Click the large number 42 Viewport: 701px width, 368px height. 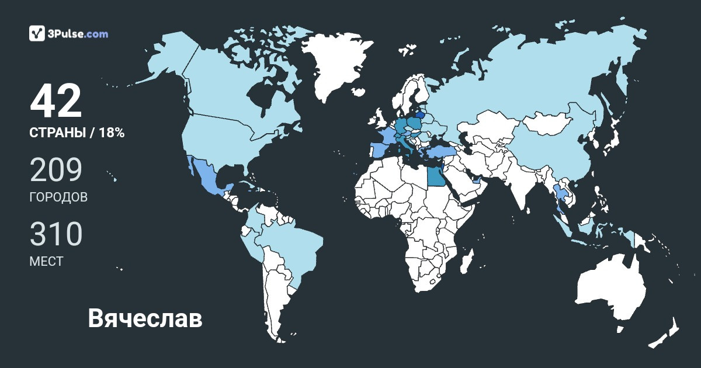56,102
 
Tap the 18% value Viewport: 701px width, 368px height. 112,133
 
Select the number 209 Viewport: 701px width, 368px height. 56,171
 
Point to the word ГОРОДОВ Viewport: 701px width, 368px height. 58,197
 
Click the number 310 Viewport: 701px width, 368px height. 56,234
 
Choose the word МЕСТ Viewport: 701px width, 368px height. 46,261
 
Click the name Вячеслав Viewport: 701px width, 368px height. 145,319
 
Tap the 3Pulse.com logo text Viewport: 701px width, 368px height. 78,34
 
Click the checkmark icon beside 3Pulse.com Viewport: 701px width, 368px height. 37,33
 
